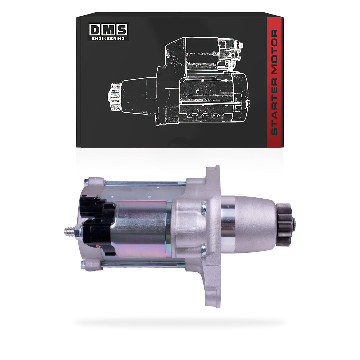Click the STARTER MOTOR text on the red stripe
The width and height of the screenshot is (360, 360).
click(274, 82)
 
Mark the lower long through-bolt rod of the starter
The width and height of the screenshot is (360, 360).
click(143, 265)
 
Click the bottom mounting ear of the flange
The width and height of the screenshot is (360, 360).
click(212, 293)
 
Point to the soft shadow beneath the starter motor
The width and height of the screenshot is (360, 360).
click(180, 323)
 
